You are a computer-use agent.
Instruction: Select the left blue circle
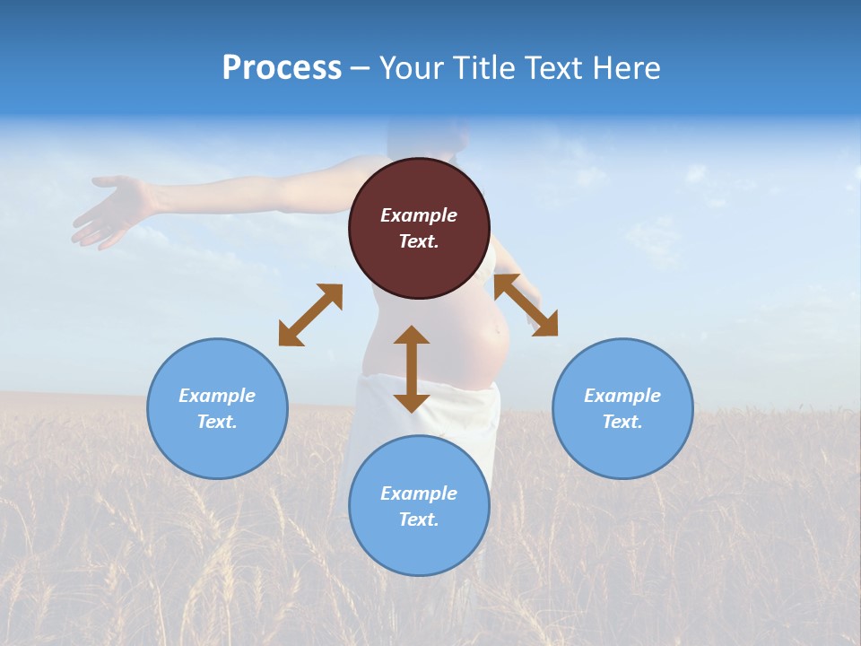[x=217, y=408]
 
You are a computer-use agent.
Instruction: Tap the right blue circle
[x=622, y=408]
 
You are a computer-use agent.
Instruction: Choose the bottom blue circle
[x=419, y=506]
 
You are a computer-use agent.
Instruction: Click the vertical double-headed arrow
[x=412, y=369]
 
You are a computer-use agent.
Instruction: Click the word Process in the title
[x=282, y=68]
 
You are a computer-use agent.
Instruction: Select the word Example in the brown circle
[x=419, y=215]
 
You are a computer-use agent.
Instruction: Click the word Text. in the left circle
[x=217, y=422]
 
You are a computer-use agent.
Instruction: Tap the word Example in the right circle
[x=622, y=396]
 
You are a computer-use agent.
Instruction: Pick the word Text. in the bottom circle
[x=419, y=519]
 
